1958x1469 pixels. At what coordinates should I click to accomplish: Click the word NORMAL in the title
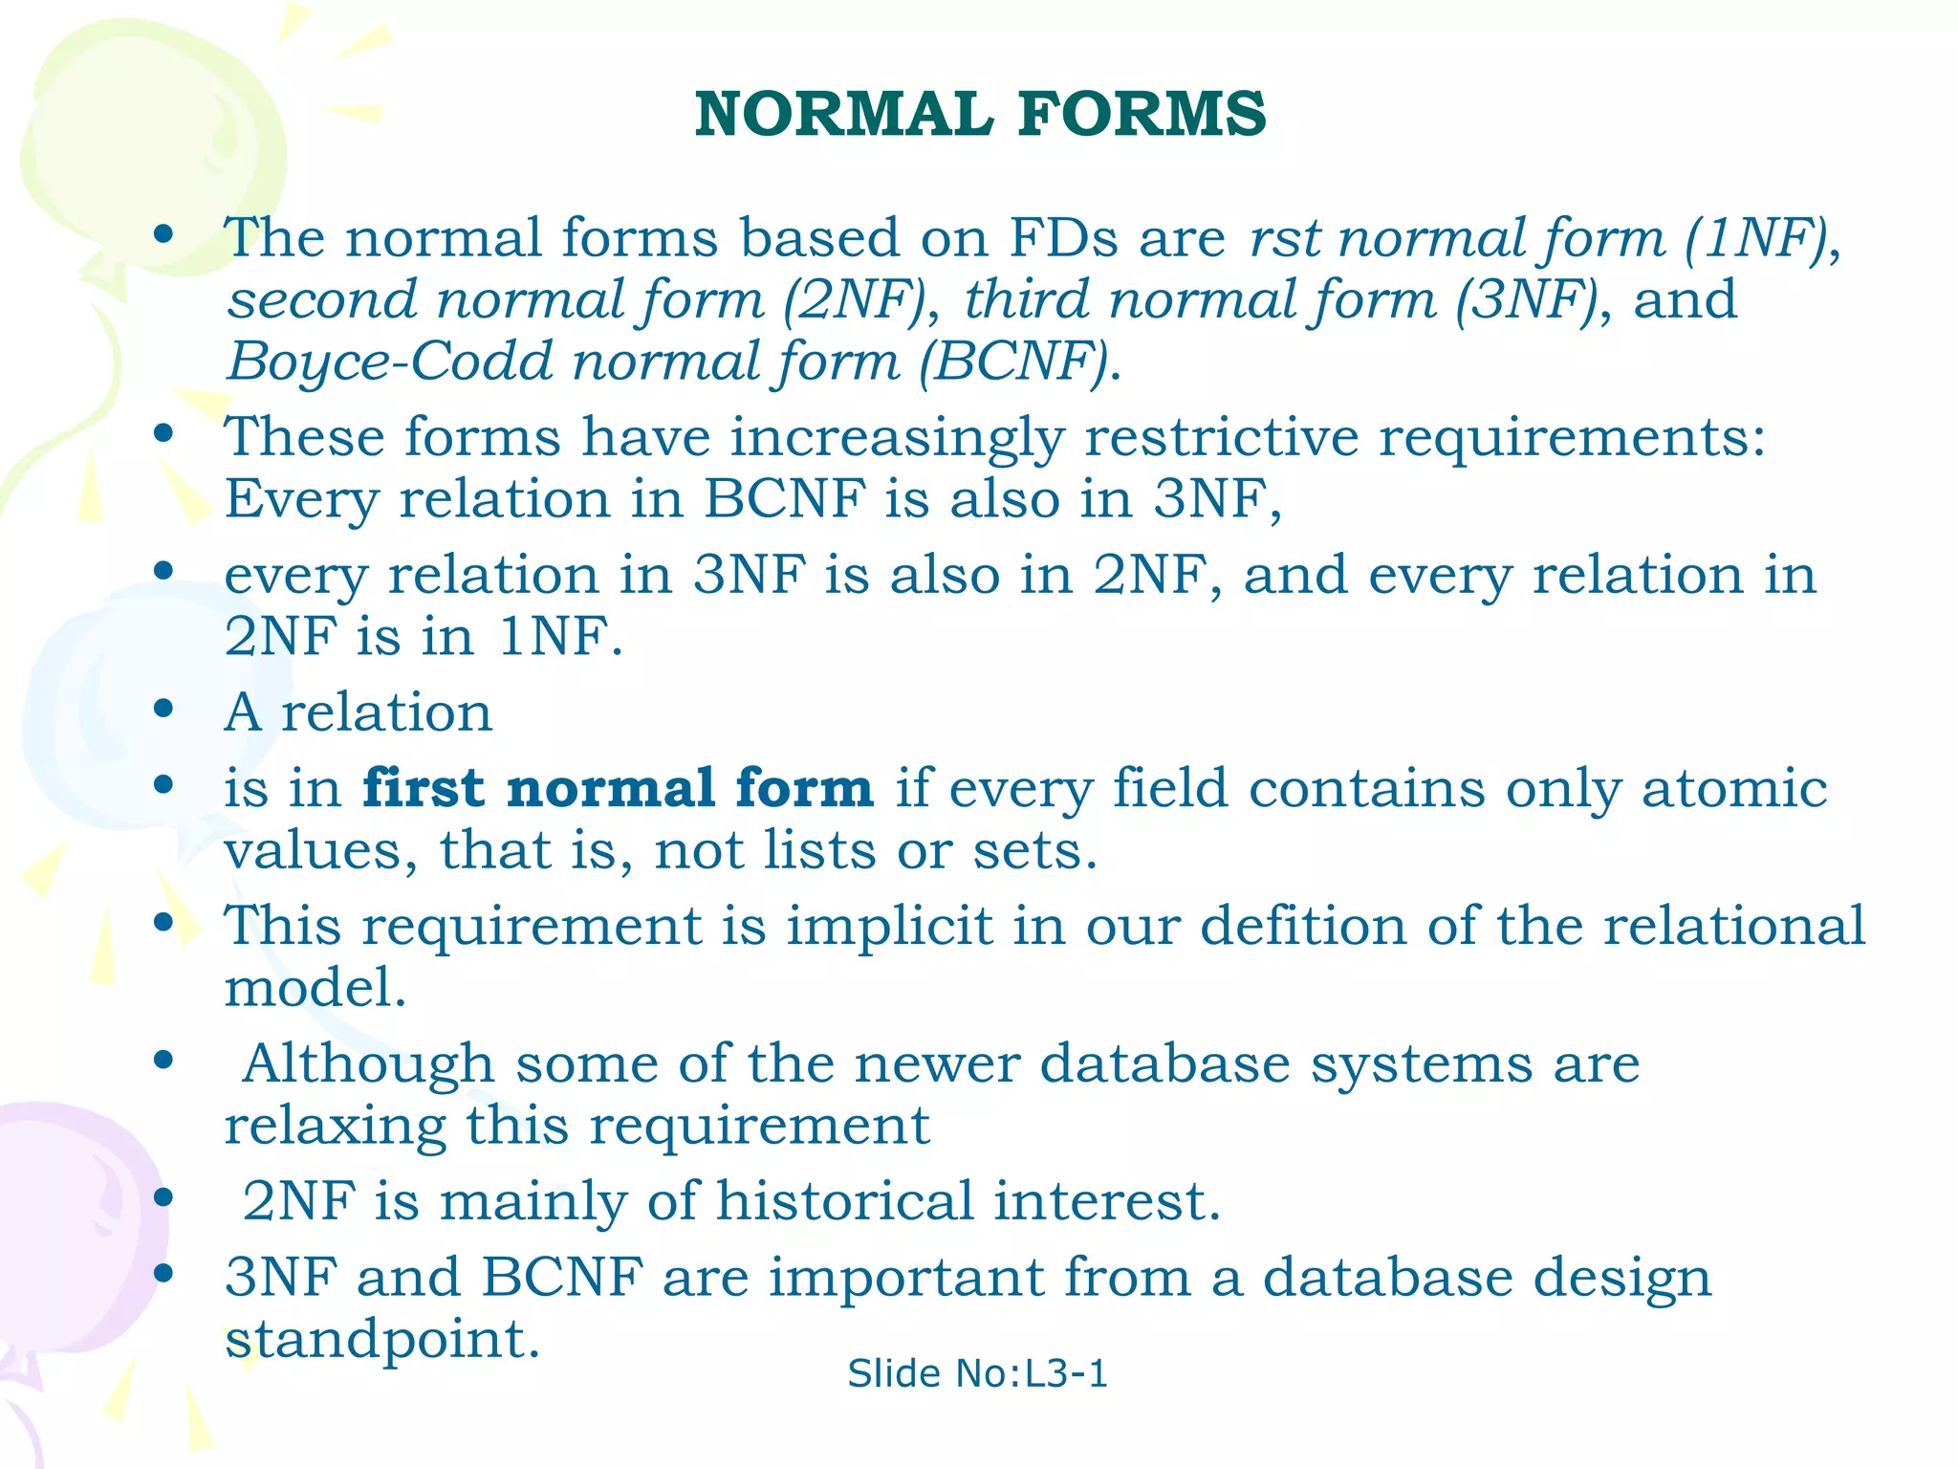point(844,114)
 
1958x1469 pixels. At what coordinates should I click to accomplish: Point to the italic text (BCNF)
point(1019,362)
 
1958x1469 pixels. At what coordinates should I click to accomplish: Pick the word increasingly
point(897,439)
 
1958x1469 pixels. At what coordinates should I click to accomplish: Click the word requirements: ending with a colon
point(1572,439)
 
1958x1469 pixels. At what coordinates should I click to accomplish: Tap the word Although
point(368,1064)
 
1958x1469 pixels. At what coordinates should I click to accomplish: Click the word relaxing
point(335,1127)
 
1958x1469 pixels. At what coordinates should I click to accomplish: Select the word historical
point(844,1201)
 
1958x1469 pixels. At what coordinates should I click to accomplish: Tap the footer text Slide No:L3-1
point(977,1373)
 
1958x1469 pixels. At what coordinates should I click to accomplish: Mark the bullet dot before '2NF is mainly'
point(163,1197)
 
